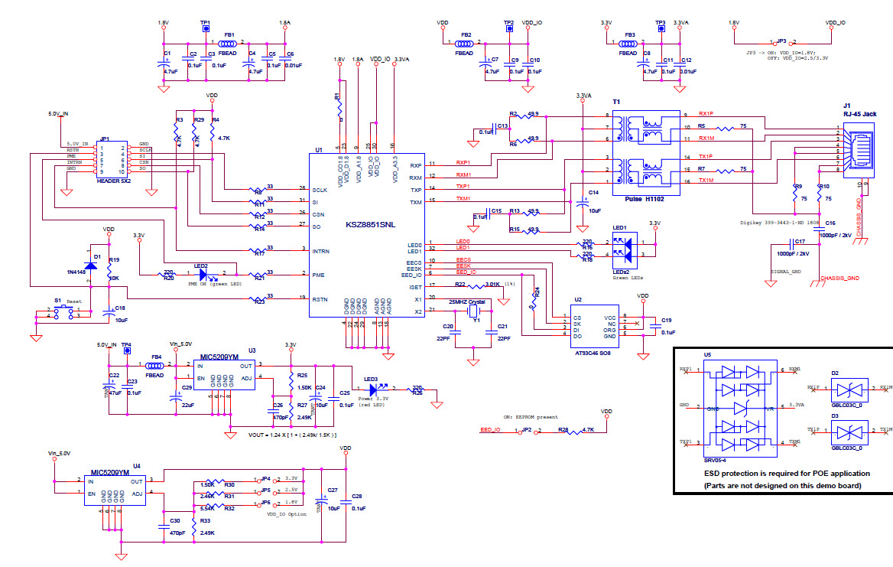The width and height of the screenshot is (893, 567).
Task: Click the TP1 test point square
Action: (205, 30)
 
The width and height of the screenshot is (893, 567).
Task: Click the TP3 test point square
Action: (661, 30)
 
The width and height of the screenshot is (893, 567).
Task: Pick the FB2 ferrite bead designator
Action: (466, 35)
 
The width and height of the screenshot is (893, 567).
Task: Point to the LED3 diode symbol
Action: (374, 389)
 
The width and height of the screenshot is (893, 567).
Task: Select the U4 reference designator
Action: (136, 464)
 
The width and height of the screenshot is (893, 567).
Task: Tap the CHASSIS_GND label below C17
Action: (840, 279)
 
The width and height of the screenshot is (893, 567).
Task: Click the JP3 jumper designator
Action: (781, 41)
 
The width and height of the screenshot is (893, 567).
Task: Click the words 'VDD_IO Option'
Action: (286, 514)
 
